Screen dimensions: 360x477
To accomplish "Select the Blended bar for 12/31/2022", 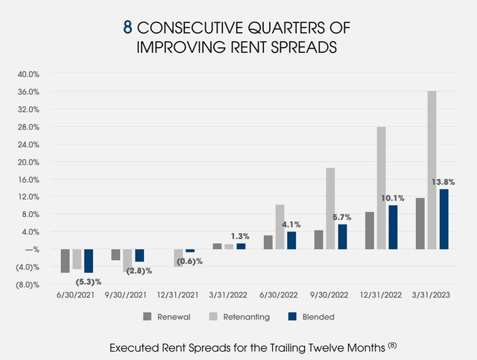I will click(x=393, y=227).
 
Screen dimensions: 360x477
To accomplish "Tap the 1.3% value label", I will click(x=241, y=235).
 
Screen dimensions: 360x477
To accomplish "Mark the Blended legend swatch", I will click(x=292, y=316).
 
